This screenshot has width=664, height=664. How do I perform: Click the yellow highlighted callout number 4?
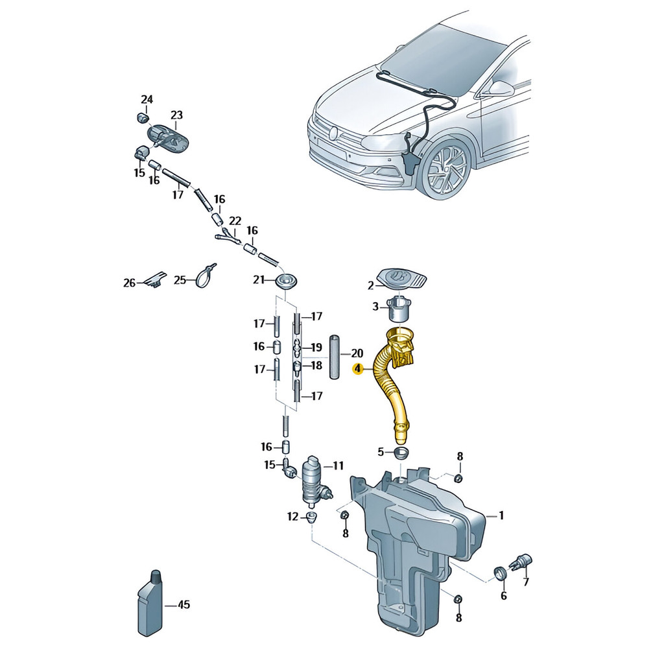click(x=358, y=369)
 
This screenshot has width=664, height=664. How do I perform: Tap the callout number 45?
click(x=184, y=605)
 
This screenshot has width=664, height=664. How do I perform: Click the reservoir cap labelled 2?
click(x=402, y=278)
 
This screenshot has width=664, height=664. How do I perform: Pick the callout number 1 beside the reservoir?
click(x=501, y=516)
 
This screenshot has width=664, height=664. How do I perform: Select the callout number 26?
click(x=129, y=283)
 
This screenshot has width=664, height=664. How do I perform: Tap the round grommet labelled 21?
click(x=286, y=280)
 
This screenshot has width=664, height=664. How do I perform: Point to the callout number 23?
click(x=176, y=115)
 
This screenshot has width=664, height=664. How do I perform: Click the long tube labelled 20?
click(x=335, y=358)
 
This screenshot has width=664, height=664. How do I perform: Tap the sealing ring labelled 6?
click(x=500, y=574)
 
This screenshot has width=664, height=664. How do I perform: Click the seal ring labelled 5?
click(x=401, y=452)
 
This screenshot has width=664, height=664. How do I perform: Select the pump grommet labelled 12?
click(x=312, y=517)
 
